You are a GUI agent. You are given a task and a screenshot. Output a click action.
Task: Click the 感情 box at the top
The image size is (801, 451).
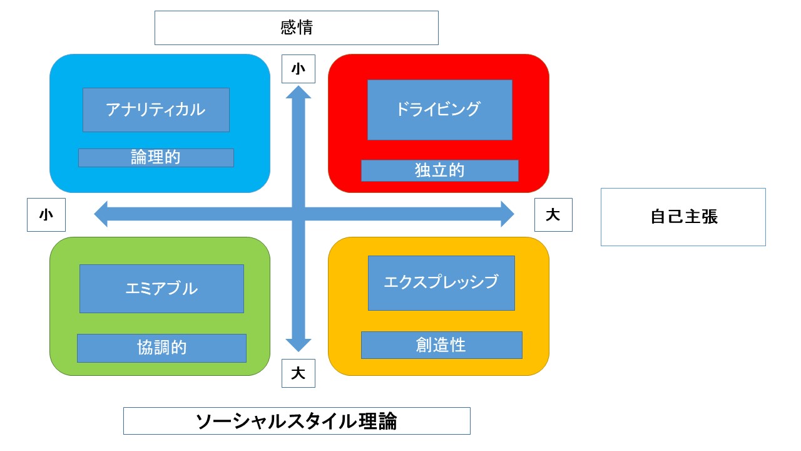[x=297, y=28]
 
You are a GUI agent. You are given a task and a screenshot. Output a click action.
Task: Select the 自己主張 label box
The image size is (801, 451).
[x=683, y=217]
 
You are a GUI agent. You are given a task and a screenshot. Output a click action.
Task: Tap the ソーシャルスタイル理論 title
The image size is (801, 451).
[x=297, y=421]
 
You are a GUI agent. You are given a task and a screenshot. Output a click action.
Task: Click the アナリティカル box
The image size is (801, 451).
[x=156, y=110]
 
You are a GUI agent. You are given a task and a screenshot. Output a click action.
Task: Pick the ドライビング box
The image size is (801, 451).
[x=440, y=110]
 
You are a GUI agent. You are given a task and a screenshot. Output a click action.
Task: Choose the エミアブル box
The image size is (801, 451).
[x=161, y=289]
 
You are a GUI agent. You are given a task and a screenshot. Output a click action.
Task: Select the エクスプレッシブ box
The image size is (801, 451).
[x=441, y=283]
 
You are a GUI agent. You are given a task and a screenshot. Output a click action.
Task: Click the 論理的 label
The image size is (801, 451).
[x=156, y=158]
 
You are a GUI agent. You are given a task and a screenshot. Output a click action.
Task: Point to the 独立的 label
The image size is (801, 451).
[x=440, y=171]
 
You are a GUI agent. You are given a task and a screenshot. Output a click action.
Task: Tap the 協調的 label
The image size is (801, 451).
[x=161, y=348]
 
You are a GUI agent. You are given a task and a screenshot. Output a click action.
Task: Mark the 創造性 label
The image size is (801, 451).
[x=442, y=345]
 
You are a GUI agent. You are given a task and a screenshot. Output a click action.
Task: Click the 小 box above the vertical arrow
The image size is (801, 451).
[x=298, y=69]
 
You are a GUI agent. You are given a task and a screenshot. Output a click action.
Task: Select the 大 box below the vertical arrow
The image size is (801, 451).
[x=298, y=373]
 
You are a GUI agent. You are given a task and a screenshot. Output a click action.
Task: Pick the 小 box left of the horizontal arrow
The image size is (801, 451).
[x=46, y=215]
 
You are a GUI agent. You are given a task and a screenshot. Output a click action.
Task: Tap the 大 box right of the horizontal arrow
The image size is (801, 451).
[x=553, y=215]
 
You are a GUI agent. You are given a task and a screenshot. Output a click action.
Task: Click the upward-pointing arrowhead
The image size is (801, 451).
[x=298, y=92]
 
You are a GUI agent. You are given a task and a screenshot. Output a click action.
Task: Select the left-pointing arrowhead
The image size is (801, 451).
[x=101, y=214]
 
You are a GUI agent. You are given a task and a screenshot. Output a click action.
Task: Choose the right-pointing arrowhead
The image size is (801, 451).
[x=508, y=214]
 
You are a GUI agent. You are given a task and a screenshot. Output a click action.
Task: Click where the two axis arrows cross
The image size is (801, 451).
[x=298, y=214]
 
